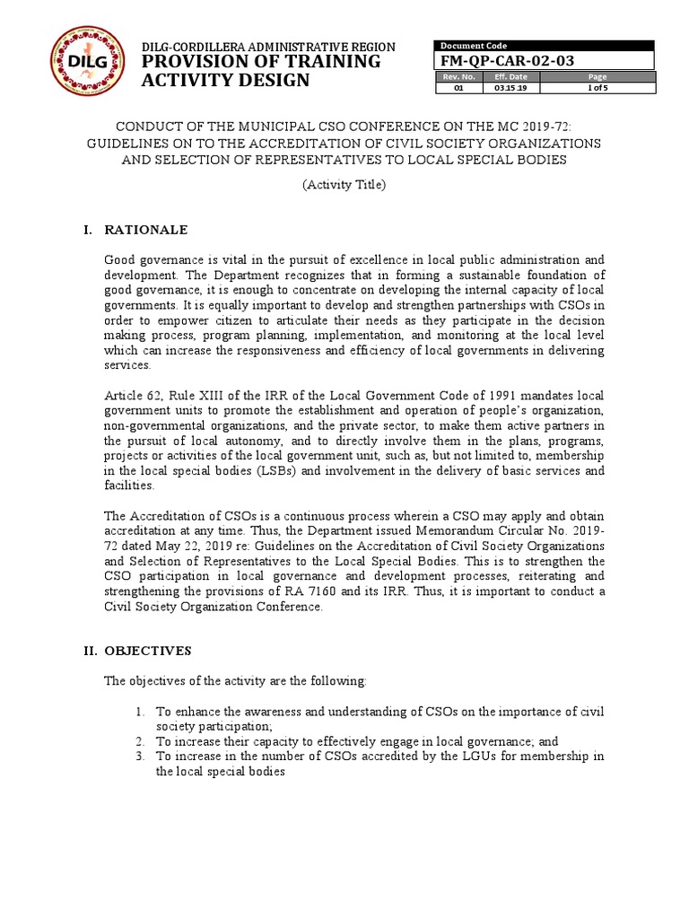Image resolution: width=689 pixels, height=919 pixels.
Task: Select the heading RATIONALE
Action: pos(146,230)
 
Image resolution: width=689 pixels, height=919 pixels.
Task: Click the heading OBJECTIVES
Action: pos(149,650)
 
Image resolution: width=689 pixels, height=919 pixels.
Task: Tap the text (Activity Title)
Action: pos(344,186)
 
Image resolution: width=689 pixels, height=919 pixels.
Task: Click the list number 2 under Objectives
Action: pos(141,741)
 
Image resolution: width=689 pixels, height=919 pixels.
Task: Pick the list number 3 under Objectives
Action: pos(141,757)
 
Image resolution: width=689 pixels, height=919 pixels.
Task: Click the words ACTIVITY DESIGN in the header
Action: pos(226,81)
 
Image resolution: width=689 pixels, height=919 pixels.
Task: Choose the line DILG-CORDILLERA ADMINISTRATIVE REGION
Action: pos(268,47)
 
